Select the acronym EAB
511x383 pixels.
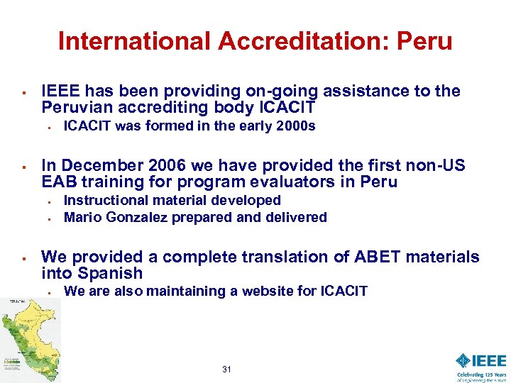pyautogui.click(x=57, y=182)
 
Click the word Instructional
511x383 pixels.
pyautogui.click(x=106, y=201)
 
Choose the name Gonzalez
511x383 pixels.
pyautogui.click(x=133, y=217)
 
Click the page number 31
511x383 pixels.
pyautogui.click(x=227, y=369)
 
